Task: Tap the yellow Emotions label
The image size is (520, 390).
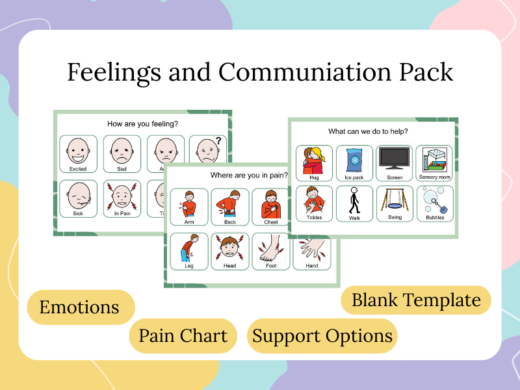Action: click(79, 307)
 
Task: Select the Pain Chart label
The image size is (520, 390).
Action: click(183, 336)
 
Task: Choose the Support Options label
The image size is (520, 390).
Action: click(322, 336)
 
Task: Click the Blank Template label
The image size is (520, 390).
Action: click(416, 300)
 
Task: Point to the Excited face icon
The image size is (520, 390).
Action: click(78, 151)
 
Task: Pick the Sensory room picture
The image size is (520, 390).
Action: click(434, 160)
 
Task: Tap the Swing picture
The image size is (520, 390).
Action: click(395, 201)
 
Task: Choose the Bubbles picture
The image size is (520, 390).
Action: click(434, 201)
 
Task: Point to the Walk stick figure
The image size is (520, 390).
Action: click(355, 201)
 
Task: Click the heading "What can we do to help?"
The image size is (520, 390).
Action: click(368, 131)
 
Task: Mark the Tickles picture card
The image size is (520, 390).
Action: click(314, 201)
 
